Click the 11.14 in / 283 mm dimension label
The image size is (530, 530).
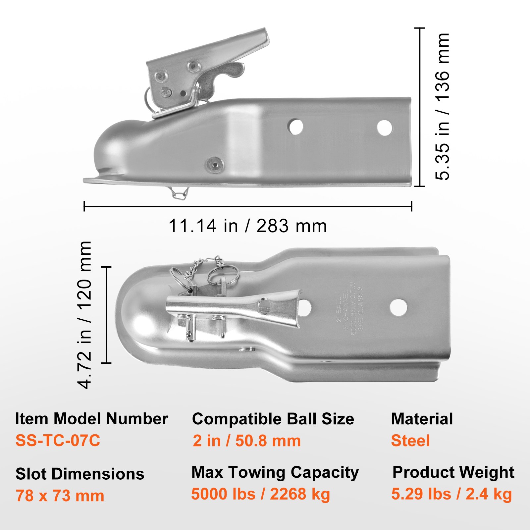pos(248,226)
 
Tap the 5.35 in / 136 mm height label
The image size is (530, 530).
pos(443,107)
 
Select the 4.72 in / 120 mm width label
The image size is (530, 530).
pos(85,315)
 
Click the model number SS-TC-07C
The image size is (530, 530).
pos(58,441)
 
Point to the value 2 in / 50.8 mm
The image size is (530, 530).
pos(247,441)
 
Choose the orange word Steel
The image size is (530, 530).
pos(410,441)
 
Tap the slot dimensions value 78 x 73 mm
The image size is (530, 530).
pos(60,496)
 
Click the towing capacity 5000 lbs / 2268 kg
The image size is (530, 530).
pos(260,494)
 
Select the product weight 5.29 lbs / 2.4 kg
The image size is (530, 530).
pos(451,494)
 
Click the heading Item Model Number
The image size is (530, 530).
pos(91,419)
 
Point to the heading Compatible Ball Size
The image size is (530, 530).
pos(273,419)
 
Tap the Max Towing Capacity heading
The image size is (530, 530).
pos(275,472)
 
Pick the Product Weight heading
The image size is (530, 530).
pos(453,472)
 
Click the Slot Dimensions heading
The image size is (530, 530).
pos(80,474)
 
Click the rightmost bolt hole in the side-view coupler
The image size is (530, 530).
pos(385,128)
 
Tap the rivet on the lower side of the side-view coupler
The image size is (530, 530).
pos(214,164)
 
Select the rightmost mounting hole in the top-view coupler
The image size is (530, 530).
pos(398,307)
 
